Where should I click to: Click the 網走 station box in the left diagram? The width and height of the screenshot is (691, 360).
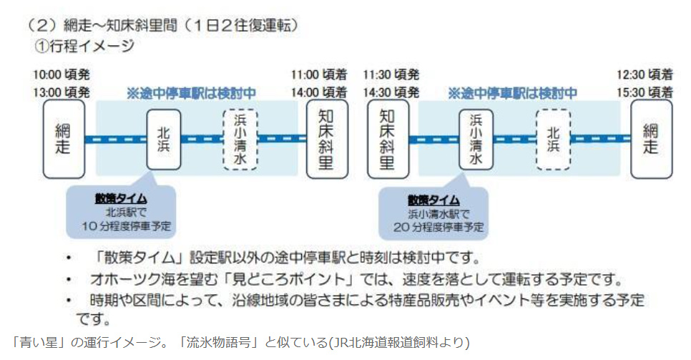pos(64,139)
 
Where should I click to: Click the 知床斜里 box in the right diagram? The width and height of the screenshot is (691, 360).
pos(388,139)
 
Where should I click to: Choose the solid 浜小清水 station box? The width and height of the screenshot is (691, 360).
pos(476,139)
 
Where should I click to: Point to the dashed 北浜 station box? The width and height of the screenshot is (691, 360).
pos(553,139)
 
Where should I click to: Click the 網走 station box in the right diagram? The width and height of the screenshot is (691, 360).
pos(651,139)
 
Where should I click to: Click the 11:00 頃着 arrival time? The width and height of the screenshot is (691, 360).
pos(318,74)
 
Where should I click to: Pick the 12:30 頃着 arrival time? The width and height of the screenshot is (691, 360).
pos(645,74)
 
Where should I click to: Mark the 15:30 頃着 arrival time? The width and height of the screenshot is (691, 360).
pos(645,92)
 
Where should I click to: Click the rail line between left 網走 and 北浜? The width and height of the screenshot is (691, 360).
pos(115,140)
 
